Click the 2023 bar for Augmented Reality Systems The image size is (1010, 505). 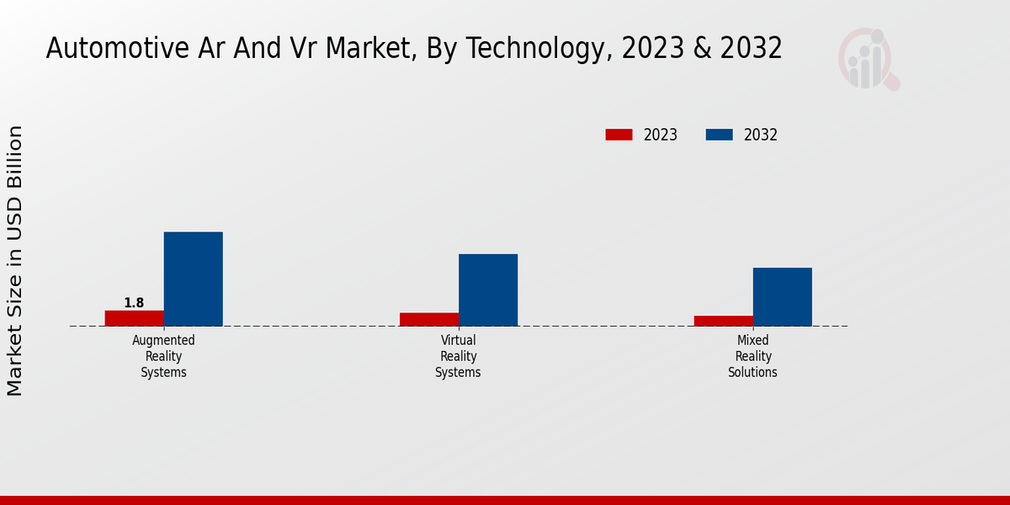[x=135, y=318]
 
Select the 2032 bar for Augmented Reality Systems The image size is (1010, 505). [x=194, y=279]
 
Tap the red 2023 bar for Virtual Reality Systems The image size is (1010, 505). [x=429, y=319]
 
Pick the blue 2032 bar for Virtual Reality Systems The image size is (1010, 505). [x=488, y=290]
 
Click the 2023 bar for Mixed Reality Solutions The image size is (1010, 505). [x=724, y=321]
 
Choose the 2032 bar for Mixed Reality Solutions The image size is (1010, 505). [x=783, y=296]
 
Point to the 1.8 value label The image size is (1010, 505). [x=134, y=303]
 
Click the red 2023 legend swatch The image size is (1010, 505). [x=619, y=135]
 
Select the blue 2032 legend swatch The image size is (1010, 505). [x=719, y=135]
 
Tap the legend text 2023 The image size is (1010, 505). [x=661, y=135]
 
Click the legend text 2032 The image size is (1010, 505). [x=761, y=135]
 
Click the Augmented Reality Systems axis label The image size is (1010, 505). [x=164, y=356]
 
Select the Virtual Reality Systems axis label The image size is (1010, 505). [x=459, y=356]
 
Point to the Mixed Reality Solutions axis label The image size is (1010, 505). [x=753, y=356]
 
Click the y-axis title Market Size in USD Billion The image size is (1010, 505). [x=15, y=261]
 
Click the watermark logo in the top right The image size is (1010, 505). [x=867, y=59]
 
